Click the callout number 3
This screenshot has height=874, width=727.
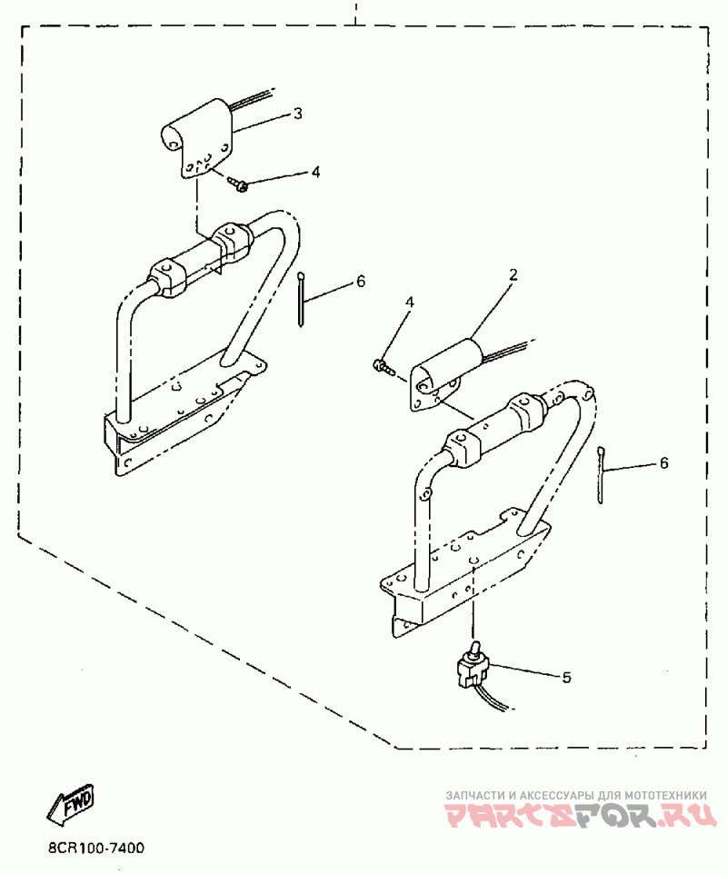(x=297, y=114)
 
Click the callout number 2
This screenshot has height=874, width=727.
(x=513, y=273)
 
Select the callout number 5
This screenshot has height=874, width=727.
(x=566, y=677)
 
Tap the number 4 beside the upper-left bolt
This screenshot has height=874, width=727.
(x=315, y=172)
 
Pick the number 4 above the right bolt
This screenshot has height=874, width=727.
(x=410, y=302)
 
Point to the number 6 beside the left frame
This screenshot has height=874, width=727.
(x=361, y=282)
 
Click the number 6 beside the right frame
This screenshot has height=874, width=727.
(x=663, y=463)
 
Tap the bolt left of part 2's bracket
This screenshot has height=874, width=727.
(x=383, y=366)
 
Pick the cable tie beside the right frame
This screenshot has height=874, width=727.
(x=603, y=472)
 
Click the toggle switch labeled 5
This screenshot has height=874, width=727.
(x=474, y=668)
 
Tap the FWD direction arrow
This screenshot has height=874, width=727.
(x=70, y=804)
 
